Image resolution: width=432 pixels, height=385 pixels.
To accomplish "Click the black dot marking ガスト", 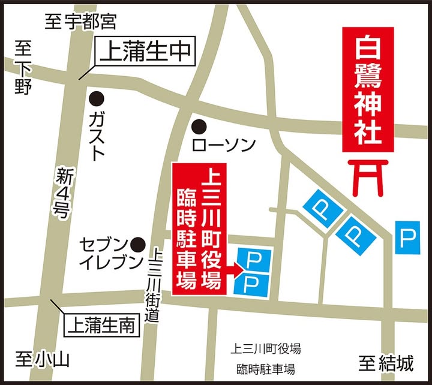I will (95, 97).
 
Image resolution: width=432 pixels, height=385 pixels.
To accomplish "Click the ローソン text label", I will (223, 145).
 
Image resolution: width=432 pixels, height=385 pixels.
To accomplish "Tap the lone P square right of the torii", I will (408, 237).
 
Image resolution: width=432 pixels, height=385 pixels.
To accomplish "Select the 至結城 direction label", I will (387, 362).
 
